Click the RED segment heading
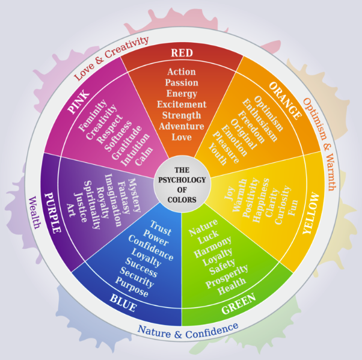[182, 53]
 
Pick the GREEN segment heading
[239, 304]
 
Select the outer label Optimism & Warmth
[319, 144]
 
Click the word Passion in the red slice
[182, 82]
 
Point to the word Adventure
[182, 126]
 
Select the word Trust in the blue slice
[161, 228]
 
